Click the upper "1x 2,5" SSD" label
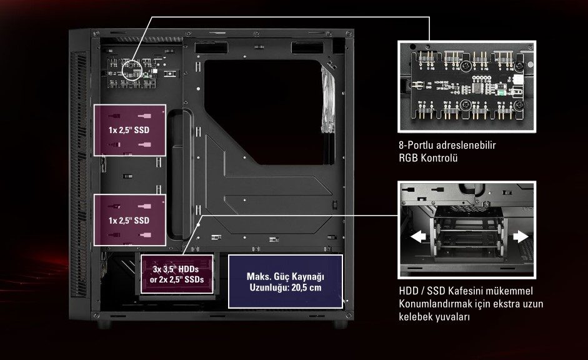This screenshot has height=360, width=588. [x=129, y=130]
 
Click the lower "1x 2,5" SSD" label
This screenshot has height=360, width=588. [x=129, y=221]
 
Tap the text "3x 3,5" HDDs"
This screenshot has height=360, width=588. [x=176, y=269]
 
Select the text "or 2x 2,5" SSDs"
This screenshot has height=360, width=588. [x=177, y=279]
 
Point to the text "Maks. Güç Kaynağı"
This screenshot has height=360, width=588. [x=286, y=277]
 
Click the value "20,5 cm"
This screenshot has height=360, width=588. [x=306, y=287]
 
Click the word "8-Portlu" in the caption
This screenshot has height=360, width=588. [x=416, y=146]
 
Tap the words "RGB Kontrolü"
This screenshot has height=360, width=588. [x=428, y=158]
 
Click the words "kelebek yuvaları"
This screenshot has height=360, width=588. [x=434, y=317]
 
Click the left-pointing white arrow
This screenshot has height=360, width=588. [x=418, y=237]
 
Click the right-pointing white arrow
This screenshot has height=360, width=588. [x=521, y=236]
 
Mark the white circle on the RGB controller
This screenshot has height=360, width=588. [x=132, y=69]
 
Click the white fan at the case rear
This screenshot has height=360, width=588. [x=328, y=99]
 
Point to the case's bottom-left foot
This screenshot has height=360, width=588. [x=104, y=324]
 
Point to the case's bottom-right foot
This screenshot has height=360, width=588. [x=341, y=324]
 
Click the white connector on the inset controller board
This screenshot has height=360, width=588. [x=518, y=79]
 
